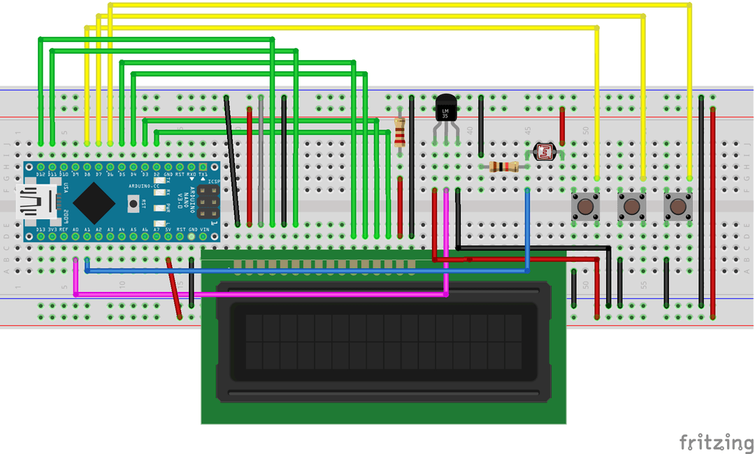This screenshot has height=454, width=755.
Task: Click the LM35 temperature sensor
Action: click(x=445, y=109)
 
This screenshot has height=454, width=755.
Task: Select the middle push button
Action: click(x=631, y=207)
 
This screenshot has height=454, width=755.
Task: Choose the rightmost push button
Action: click(x=677, y=207)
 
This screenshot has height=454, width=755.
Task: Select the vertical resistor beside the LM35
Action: click(x=400, y=133)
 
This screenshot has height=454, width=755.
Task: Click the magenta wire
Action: click(x=259, y=295)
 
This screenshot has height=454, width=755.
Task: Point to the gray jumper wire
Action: click(x=261, y=161)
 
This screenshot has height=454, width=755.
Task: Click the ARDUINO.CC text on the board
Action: click(x=145, y=186)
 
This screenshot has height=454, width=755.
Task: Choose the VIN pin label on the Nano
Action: click(x=203, y=230)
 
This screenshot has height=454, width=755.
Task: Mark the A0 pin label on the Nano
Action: click(x=75, y=230)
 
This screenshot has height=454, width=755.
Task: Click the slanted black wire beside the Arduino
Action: click(x=232, y=161)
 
